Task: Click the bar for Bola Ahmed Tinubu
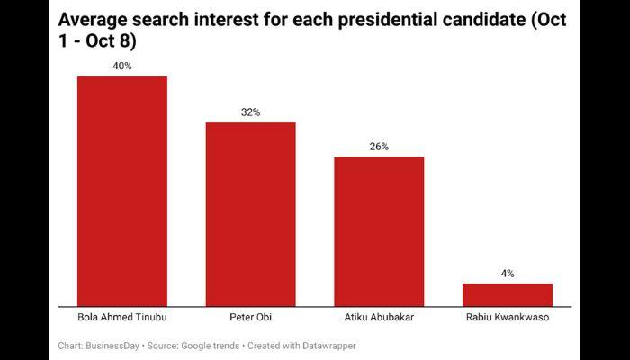coord(122,191)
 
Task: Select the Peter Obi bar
coord(251,214)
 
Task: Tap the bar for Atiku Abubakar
coord(379,231)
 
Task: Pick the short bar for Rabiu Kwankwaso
coord(508,294)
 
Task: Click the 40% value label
coord(122,66)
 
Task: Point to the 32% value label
coord(251,112)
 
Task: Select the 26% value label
coord(379,146)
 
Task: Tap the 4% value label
coord(508,273)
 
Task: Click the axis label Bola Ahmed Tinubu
coord(122,318)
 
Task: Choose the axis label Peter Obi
coord(251,318)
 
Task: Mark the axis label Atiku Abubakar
coord(379,318)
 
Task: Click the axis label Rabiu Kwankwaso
coord(508,318)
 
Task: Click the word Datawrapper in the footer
coord(328,346)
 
